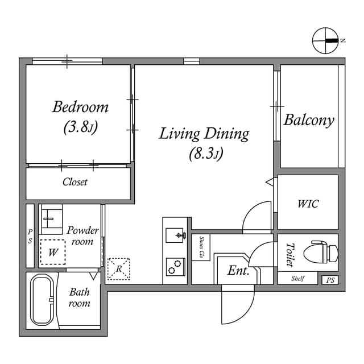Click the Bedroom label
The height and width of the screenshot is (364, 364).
pyautogui.click(x=80, y=106)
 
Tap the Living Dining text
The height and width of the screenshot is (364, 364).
pyautogui.click(x=204, y=134)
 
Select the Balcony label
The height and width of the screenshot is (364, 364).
pyautogui.click(x=309, y=121)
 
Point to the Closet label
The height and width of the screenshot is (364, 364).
pyautogui.click(x=75, y=183)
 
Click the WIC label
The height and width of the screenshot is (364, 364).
pyautogui.click(x=308, y=204)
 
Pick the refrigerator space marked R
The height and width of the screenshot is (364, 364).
pyautogui.click(x=118, y=269)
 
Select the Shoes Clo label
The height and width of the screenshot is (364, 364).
pyautogui.click(x=201, y=247)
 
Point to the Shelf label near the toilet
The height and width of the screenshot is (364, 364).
pyautogui.click(x=297, y=279)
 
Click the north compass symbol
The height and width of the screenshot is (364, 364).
pyautogui.click(x=325, y=40)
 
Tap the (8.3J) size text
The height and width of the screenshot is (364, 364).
pyautogui.click(x=205, y=154)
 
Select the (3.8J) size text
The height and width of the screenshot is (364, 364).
pyautogui.click(x=81, y=127)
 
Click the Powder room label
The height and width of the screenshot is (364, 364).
pyautogui.click(x=82, y=235)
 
